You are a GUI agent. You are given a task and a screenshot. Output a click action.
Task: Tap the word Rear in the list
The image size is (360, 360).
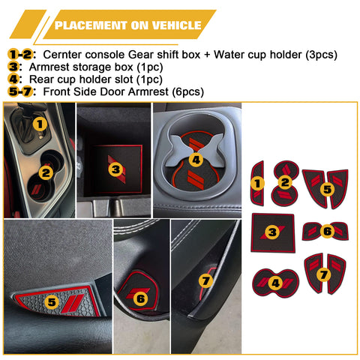click(x=43, y=79)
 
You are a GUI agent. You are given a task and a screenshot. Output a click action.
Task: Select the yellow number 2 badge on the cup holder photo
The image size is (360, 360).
click(x=46, y=173)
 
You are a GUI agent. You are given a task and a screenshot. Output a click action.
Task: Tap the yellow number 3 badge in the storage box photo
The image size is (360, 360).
click(x=115, y=169)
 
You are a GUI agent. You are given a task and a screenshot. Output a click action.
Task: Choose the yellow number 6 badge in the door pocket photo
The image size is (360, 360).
click(x=140, y=298)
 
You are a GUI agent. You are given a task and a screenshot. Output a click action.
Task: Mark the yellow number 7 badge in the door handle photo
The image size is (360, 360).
click(x=206, y=281)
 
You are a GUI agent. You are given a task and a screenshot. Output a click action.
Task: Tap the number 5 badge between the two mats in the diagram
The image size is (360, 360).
click(x=327, y=189)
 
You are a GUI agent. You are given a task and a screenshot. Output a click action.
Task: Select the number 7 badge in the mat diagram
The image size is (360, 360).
click(x=324, y=275)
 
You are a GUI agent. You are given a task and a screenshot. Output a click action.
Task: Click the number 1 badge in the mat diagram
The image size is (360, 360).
click(x=257, y=183)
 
